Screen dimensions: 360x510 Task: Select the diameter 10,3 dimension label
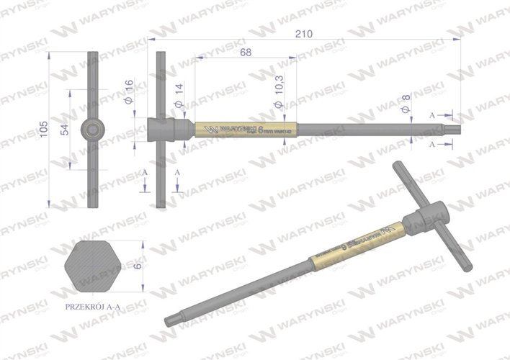tap(280, 95)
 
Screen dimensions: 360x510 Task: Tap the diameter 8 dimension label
tap(406, 104)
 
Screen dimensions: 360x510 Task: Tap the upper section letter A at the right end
tap(431, 114)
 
